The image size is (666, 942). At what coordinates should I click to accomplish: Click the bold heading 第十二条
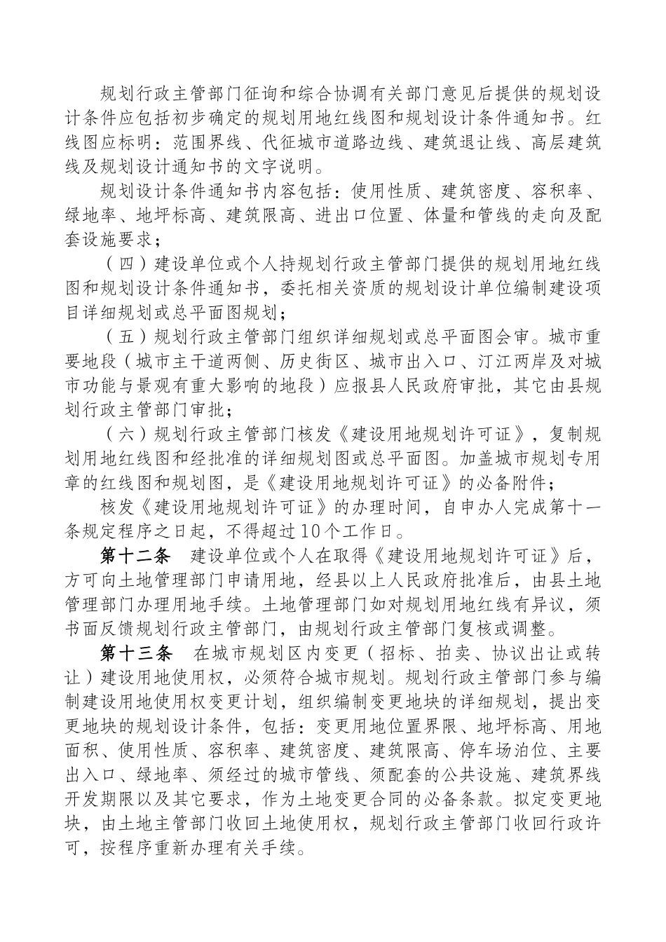coord(136,557)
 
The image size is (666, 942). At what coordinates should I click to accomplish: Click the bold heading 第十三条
coord(136,653)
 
